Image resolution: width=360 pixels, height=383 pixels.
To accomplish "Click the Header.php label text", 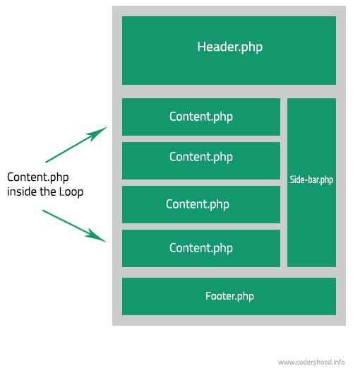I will pos(229,47).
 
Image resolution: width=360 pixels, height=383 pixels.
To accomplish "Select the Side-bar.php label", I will pos(311,180).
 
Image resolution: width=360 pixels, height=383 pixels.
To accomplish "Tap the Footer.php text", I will pos(229,296).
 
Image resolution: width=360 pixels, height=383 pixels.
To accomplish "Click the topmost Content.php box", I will pos(201,117).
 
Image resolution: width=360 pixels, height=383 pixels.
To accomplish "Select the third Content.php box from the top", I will pos(201,204).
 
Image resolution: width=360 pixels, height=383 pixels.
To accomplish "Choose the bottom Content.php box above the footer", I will pos(201,248).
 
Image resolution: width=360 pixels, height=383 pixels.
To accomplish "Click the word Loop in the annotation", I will pos(71,191).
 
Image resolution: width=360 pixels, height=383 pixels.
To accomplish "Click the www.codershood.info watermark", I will pos(311,362).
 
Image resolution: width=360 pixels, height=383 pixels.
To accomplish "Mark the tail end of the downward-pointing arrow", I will pos(44,211).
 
